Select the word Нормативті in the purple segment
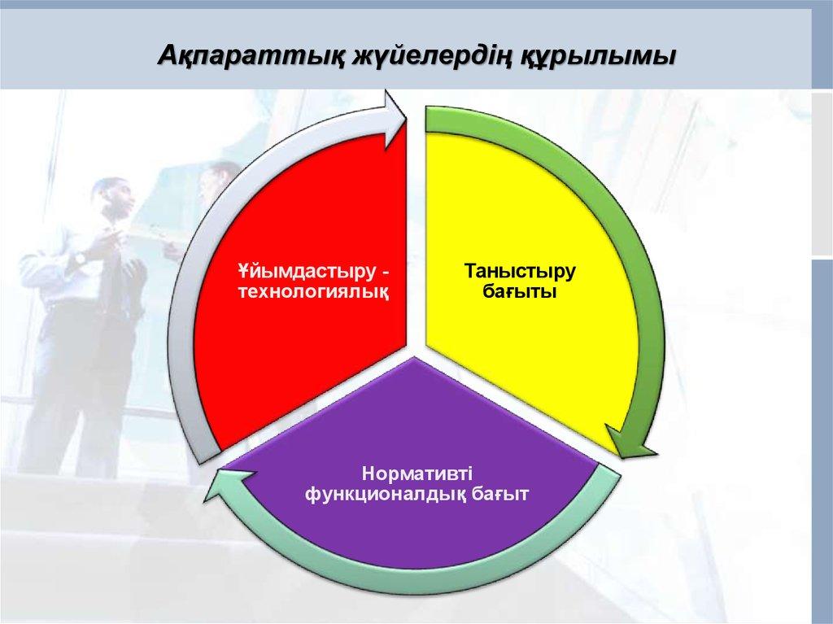click(416, 473)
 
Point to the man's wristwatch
click(81, 259)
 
